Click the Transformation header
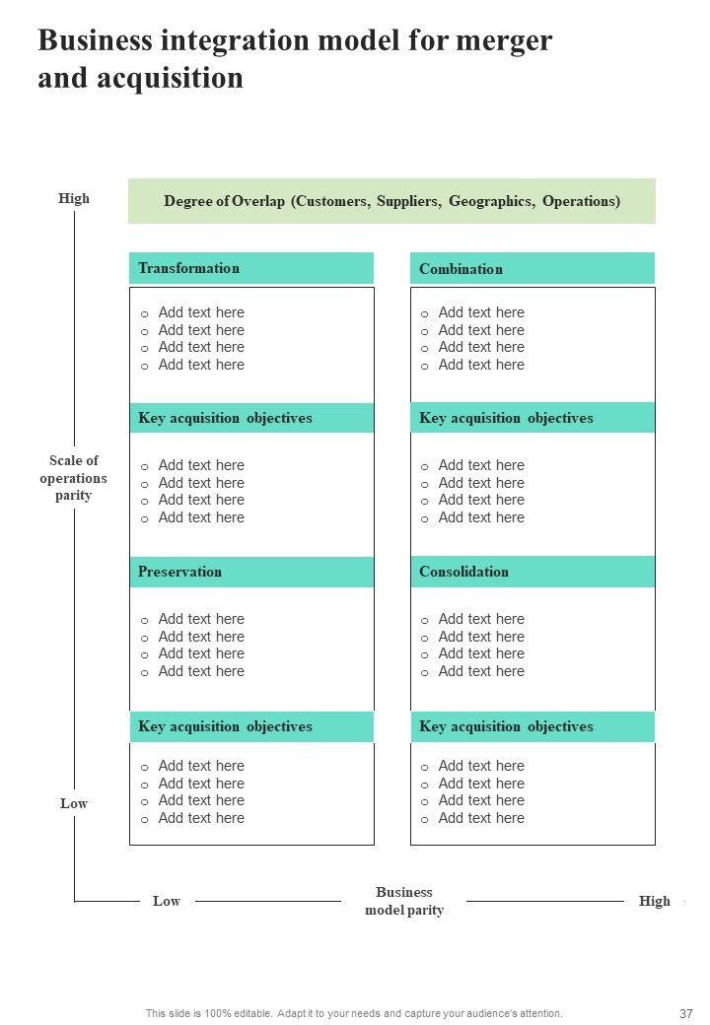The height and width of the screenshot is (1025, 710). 189,268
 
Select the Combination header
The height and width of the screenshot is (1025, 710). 461,269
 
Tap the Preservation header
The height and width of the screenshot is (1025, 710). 180,572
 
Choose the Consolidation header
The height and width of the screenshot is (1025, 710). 463,572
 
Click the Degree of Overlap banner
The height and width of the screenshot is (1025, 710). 391,201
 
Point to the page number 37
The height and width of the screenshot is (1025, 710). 687,1013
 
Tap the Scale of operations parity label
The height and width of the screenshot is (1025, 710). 74,478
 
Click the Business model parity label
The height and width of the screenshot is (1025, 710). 404,901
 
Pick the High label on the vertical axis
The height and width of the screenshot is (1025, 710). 74,198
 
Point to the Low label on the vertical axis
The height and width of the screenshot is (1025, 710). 74,803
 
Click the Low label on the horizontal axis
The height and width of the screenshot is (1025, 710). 167,901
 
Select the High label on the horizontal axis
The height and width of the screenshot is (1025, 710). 654,901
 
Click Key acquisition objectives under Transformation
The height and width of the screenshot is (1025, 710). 225,418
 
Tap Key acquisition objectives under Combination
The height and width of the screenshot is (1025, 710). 506,418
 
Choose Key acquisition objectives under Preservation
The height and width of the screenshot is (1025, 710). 225,726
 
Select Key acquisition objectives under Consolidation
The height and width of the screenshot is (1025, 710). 506,726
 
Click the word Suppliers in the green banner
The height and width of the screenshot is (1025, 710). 407,201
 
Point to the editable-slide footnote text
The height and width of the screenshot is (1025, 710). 354,1013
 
